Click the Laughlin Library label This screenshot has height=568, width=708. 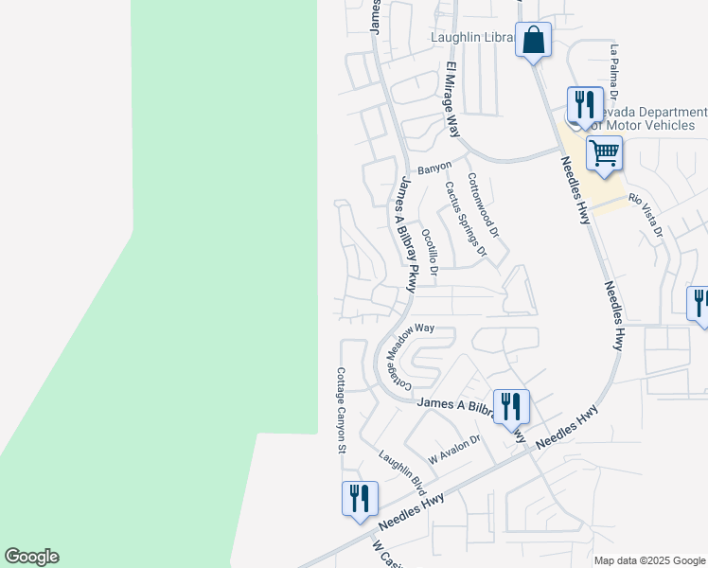pyautogui.click(x=471, y=38)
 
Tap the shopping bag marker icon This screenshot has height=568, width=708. pyautogui.click(x=534, y=42)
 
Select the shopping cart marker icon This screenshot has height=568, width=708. pyautogui.click(x=604, y=152)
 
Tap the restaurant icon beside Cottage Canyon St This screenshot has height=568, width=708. pyautogui.click(x=360, y=498)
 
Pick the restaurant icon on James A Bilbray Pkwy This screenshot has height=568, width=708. pyautogui.click(x=511, y=406)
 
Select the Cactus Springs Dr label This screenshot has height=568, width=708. pyautogui.click(x=465, y=220)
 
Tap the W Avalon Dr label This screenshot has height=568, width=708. pyautogui.click(x=455, y=448)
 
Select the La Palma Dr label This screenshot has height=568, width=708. pyautogui.click(x=614, y=71)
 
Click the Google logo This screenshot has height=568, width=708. pyautogui.click(x=31, y=557)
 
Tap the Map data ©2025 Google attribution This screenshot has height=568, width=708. pyautogui.click(x=649, y=560)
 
